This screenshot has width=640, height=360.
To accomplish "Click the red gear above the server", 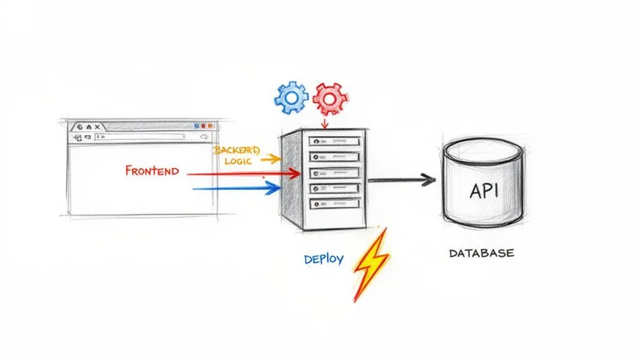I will point(331,97).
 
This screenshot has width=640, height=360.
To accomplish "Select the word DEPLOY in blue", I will point(324,258).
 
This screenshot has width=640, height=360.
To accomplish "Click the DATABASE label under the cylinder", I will point(481,253).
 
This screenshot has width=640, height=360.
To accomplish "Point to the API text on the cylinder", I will point(483,190).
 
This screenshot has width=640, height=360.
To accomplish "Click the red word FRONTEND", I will point(152,171).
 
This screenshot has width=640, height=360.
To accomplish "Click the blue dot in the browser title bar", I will point(197,126).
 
